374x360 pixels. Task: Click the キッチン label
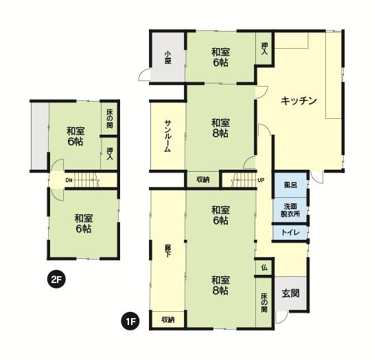(x=299, y=101)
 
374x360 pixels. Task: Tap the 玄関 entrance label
(x=290, y=293)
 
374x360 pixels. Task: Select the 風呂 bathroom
(x=290, y=185)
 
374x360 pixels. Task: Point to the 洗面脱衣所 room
(x=290, y=210)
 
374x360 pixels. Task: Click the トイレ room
(x=290, y=232)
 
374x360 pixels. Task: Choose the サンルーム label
(x=167, y=136)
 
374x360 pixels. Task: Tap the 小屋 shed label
(x=168, y=57)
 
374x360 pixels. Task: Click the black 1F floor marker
(x=130, y=322)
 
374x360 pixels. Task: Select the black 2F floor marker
(x=56, y=279)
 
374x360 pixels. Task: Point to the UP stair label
(x=261, y=180)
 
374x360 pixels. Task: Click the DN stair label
(x=69, y=180)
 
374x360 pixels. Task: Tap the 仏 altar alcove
(x=264, y=268)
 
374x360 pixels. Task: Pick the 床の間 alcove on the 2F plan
(x=110, y=119)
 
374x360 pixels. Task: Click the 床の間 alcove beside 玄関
(x=264, y=302)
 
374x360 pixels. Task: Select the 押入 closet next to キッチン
(x=264, y=49)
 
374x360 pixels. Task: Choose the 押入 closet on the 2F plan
(x=110, y=153)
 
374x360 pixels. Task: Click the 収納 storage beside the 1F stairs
(x=203, y=179)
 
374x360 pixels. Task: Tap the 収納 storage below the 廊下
(x=168, y=319)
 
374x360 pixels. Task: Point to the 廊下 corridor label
(x=168, y=251)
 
